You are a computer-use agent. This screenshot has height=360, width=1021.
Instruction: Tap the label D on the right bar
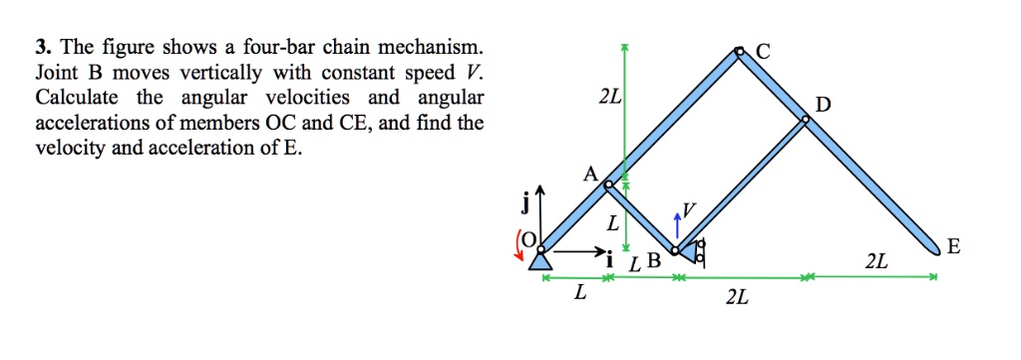(x=821, y=105)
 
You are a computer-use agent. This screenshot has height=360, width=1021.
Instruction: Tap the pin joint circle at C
(x=739, y=51)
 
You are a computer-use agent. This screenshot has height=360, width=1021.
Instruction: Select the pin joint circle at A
(x=608, y=183)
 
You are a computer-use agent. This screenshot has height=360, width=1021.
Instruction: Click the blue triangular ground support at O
(x=539, y=259)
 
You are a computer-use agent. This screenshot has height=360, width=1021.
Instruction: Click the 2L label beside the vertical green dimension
(x=609, y=99)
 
